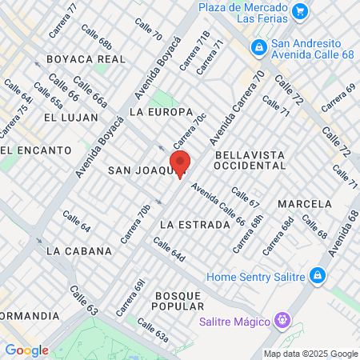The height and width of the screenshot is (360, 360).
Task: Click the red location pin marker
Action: click(x=180, y=163)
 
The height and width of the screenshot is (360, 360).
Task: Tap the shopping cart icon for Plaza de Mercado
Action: click(x=299, y=11)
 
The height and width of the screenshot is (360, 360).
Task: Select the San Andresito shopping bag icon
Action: click(x=258, y=49)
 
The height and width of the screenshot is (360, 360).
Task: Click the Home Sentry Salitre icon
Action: click(x=318, y=275)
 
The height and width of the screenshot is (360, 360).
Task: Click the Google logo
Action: click(x=26, y=350)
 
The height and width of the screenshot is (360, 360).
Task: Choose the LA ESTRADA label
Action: click(x=194, y=225)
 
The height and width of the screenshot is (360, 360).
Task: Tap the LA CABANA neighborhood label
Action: click(x=78, y=250)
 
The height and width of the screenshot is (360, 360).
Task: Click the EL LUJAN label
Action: click(x=71, y=117)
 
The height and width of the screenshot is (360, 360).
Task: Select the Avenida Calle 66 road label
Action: click(x=218, y=206)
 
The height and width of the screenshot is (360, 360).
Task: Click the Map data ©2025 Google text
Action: click(x=311, y=354)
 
